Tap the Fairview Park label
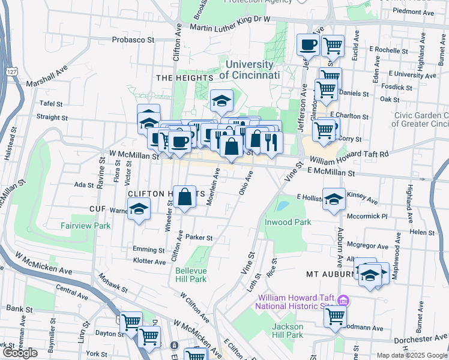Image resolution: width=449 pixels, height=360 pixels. coord(85,226)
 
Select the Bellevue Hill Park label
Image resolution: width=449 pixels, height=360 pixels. coord(191,275)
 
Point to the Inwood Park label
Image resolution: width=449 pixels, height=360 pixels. coord(288,222)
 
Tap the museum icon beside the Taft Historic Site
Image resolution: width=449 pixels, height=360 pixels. coord(343,300)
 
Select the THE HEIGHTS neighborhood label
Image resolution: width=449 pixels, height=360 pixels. coord(184,78)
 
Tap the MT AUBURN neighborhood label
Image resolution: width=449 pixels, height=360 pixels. coord(330,274)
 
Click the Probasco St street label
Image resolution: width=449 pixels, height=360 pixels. coord(133,40)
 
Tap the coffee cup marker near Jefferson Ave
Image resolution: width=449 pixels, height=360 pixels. coord(308,44)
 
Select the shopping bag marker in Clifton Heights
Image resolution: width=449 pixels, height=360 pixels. coord(185,196)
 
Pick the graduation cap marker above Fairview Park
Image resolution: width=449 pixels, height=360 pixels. coord(139,209)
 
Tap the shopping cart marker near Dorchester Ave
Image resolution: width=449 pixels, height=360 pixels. coord(335,316)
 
